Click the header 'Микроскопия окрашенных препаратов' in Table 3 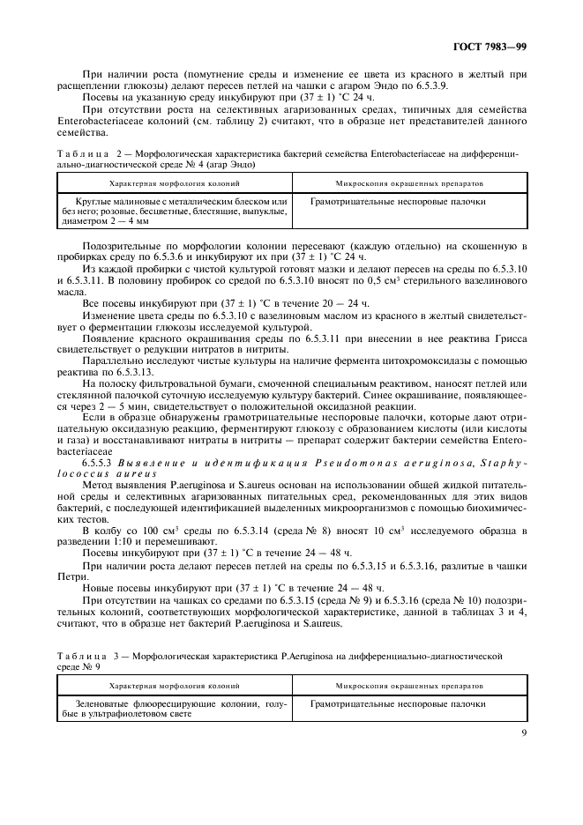[407, 684]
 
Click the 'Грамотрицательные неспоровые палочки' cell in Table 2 [398, 202]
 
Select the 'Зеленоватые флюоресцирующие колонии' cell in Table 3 [173, 703]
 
